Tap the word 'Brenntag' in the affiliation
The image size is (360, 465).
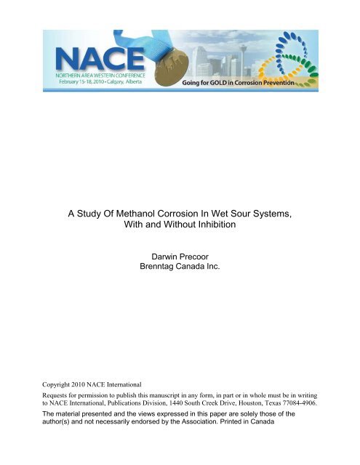[159, 288]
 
